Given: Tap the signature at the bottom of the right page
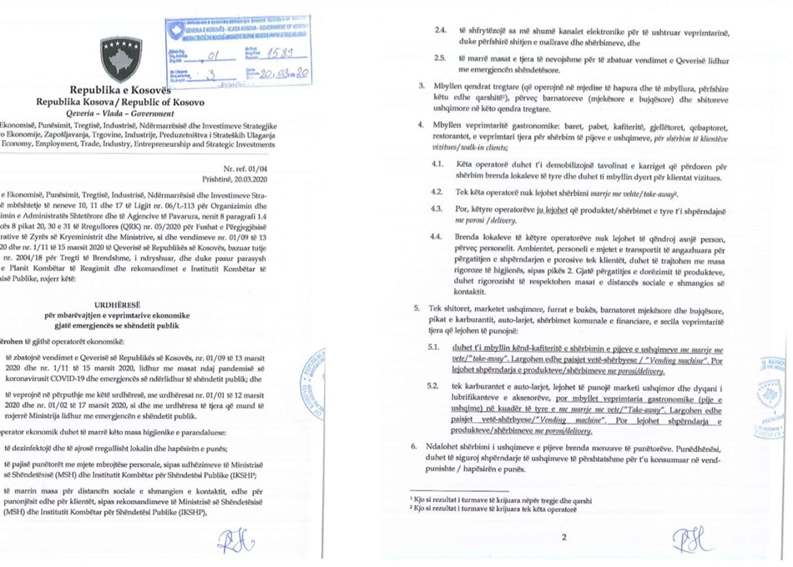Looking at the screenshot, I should point(695,542).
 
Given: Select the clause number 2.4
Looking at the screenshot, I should point(441,29).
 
